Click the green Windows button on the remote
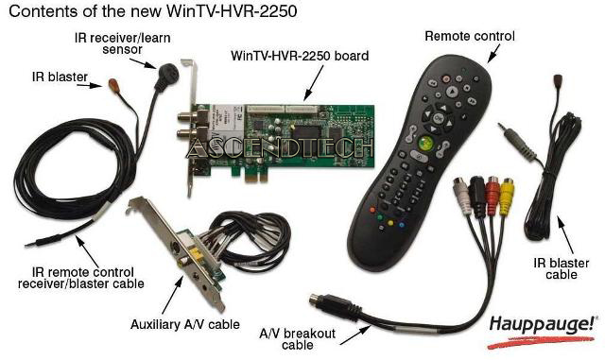point(425,143)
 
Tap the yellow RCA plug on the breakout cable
point(507,196)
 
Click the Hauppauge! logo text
point(543,325)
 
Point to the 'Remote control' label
point(470,36)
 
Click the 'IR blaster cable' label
point(561,269)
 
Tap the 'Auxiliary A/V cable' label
point(185,324)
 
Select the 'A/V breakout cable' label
point(297,338)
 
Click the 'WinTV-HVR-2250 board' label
point(300,56)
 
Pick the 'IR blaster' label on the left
point(60,77)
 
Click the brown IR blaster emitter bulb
point(113,84)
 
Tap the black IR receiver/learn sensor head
point(166,76)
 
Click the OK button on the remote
point(439,118)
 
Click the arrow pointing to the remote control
point(493,53)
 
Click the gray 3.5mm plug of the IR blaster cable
point(517,140)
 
